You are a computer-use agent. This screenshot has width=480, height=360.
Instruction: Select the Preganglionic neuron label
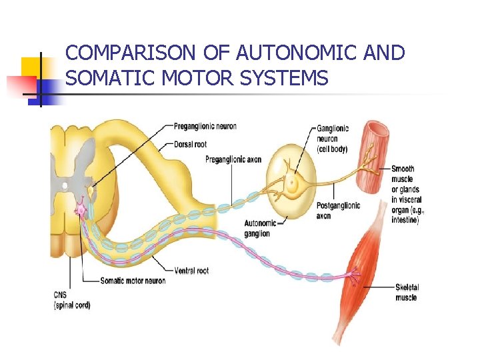point(205,126)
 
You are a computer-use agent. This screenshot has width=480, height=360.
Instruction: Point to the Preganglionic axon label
point(233,159)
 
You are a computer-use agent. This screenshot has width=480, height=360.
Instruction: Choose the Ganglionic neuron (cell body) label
point(332,139)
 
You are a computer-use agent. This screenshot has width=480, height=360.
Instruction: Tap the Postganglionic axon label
point(338,210)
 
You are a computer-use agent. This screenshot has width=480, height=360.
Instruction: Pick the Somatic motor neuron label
point(133,281)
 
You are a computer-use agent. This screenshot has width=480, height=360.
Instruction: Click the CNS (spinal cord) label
point(71,300)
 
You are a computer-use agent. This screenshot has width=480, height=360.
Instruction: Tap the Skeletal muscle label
point(407,292)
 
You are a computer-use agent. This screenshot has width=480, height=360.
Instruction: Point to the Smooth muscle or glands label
point(406,193)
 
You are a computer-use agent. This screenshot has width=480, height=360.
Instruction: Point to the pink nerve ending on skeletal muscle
point(352,274)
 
